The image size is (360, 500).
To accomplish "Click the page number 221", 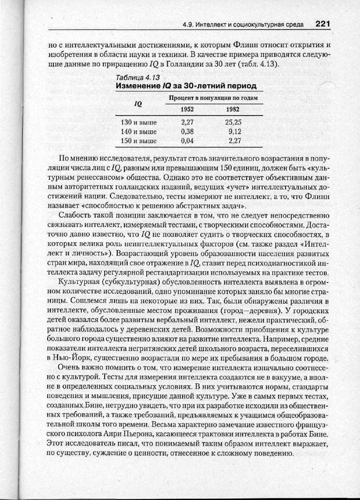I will [323, 24].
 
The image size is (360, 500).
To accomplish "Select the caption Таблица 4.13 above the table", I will [138, 77].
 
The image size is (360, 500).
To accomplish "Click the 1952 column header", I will [187, 110].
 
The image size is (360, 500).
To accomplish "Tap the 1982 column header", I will [233, 110].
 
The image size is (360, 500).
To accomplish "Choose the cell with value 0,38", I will [187, 131].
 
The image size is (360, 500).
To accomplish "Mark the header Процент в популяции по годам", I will [213, 98].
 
